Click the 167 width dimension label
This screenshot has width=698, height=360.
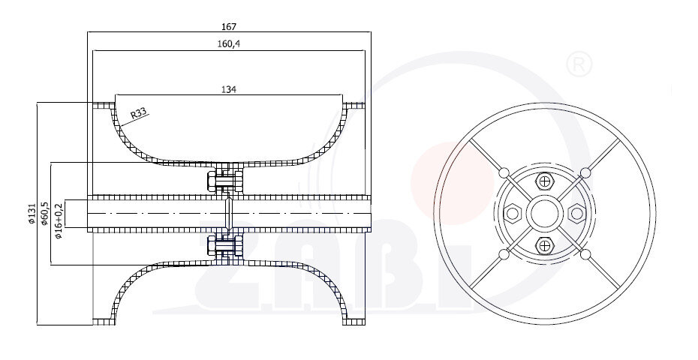[229, 27]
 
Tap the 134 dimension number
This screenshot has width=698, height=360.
[229, 89]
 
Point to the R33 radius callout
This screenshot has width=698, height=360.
[138, 114]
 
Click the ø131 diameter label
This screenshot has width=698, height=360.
[32, 214]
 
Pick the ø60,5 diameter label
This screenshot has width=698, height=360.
[44, 213]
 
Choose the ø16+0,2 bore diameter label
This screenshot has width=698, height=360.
[59, 220]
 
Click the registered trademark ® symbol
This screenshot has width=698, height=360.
[579, 65]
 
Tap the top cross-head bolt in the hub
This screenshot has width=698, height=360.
[544, 181]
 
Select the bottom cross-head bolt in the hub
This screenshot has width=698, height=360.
[544, 245]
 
